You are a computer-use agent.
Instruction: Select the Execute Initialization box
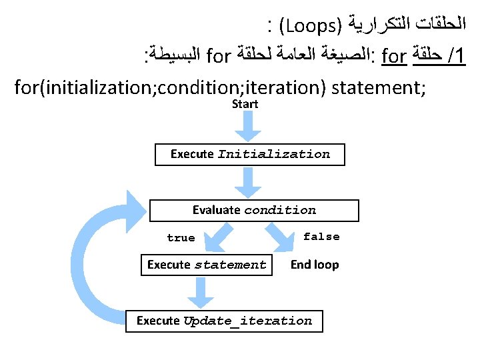pos(250,154)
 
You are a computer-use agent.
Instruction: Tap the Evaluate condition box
pos(254,210)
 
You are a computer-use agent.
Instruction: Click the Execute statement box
pos(207,265)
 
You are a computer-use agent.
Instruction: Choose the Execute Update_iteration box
pos(224,321)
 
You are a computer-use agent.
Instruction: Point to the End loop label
pos(315,265)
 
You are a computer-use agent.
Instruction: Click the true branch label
pos(181,238)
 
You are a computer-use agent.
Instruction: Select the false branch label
pos(321,237)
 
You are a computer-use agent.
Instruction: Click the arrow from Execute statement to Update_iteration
pos(198,291)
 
